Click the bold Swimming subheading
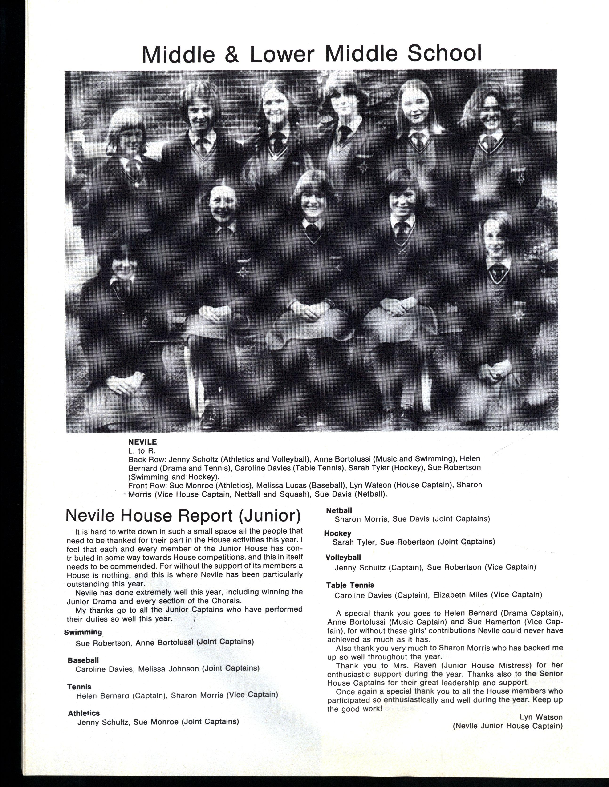tap(83, 632)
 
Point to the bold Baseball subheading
tap(83, 660)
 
